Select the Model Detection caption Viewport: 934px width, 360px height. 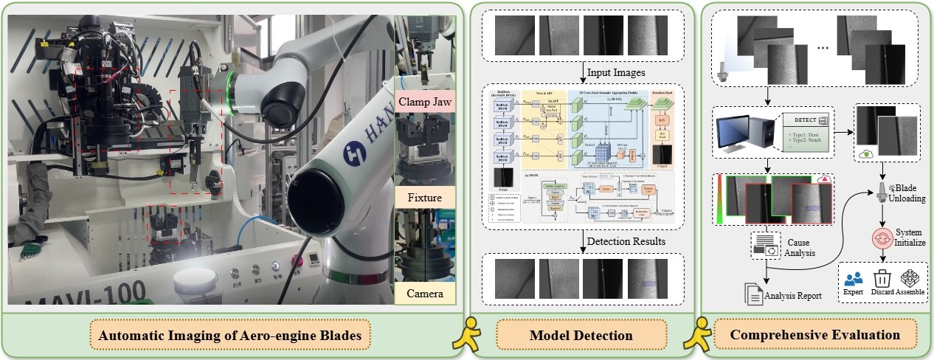tap(582, 336)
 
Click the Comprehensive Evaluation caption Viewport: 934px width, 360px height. tap(815, 336)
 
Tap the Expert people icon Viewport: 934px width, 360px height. tap(854, 280)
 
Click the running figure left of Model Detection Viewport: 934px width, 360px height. tap(469, 336)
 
